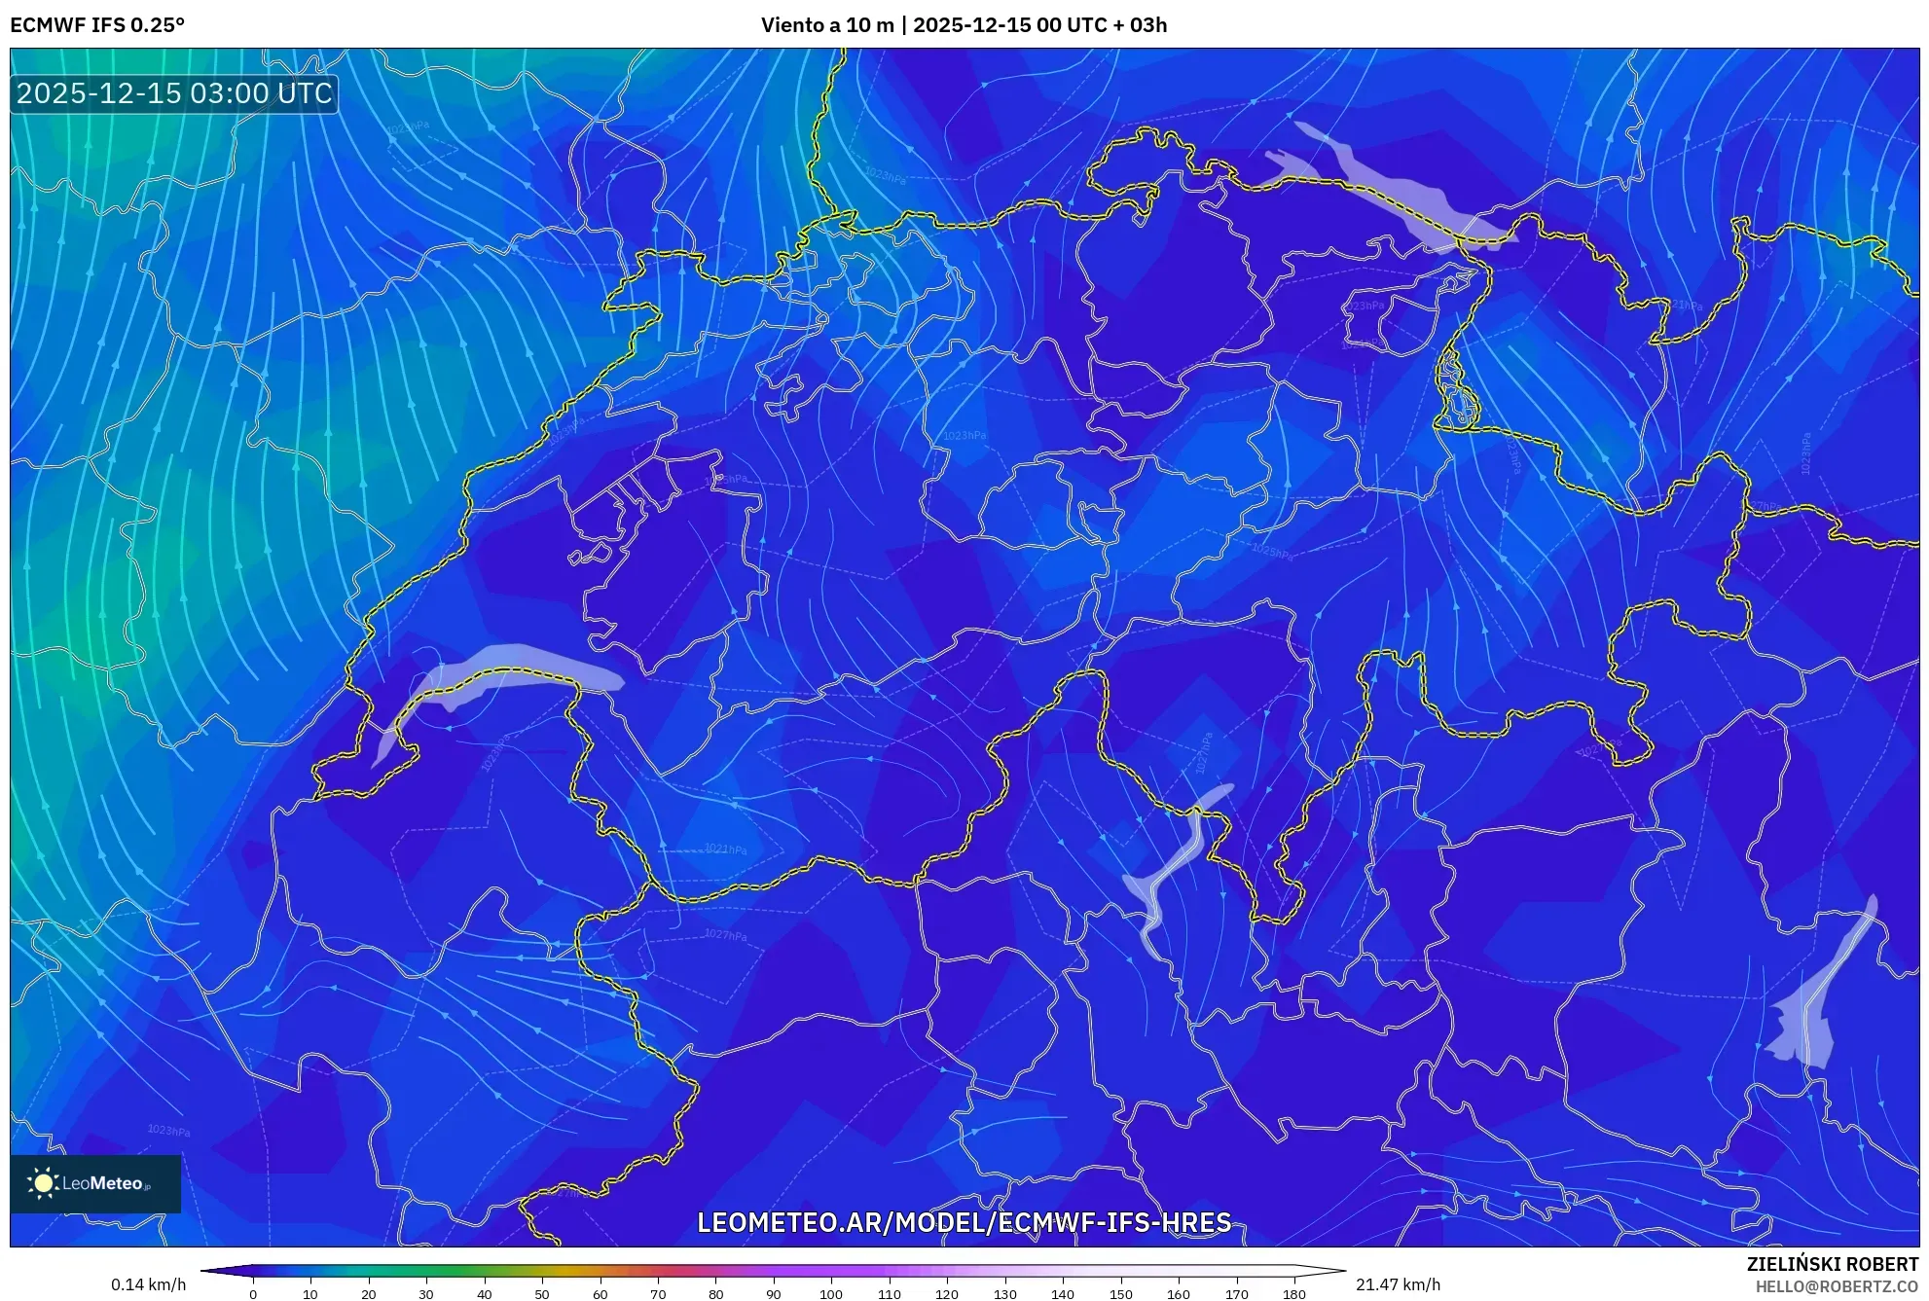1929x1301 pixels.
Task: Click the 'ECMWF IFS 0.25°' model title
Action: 97,25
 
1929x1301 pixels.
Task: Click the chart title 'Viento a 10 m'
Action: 826,25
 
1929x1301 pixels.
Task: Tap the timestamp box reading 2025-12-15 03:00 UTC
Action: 174,93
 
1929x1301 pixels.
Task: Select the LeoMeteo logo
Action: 94,1183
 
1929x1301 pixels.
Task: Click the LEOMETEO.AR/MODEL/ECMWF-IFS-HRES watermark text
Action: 964,1222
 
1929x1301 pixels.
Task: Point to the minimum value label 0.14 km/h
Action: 148,1284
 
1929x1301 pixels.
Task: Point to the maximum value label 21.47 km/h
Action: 1398,1284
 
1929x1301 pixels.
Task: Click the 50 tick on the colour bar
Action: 542,1294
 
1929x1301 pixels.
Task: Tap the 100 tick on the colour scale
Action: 831,1294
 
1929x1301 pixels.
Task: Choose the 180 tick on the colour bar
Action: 1293,1294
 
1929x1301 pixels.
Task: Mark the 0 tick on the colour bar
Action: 253,1294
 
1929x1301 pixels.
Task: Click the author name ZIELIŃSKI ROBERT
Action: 1832,1264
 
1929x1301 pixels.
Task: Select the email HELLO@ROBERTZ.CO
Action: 1836,1286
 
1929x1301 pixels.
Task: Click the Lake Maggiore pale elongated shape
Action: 1174,866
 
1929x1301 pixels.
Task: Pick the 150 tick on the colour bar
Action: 1120,1294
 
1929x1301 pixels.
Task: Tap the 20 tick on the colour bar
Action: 369,1294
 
